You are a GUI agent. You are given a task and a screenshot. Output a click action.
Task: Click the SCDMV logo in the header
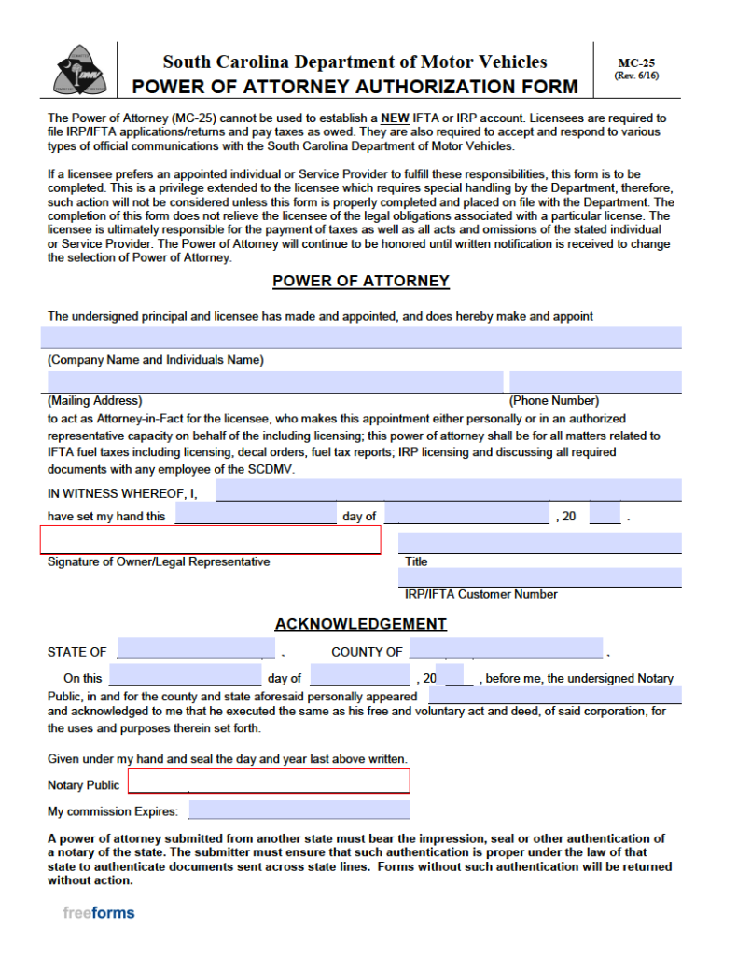(78, 70)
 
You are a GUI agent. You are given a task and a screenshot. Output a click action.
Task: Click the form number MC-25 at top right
(636, 63)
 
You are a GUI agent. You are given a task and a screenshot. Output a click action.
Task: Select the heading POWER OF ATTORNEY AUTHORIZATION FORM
(355, 88)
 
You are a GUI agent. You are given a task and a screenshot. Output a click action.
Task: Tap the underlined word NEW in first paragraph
(396, 118)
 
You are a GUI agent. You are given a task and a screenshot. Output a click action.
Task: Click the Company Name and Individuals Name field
(360, 338)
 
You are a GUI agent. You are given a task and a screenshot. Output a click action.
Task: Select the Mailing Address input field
(274, 381)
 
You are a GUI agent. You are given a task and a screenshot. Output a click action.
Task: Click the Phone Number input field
(594, 381)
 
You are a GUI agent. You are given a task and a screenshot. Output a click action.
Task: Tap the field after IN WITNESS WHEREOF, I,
(448, 491)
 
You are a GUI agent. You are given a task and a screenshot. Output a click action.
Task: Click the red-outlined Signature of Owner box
(210, 540)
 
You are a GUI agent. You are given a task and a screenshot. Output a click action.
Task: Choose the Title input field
(539, 543)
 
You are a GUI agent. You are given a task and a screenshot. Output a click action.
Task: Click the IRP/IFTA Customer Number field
(539, 577)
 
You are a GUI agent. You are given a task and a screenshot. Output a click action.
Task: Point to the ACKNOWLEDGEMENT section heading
(360, 624)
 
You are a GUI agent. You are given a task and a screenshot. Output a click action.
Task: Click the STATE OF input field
(195, 649)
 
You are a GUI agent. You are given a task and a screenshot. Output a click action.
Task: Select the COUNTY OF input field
(506, 649)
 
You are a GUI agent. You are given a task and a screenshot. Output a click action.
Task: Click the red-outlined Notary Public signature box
(269, 782)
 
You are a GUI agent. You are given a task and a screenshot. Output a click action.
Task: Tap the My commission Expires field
(299, 810)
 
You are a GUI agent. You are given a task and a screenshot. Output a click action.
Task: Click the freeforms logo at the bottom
(99, 913)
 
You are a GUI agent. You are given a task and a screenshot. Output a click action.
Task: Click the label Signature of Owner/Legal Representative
(159, 562)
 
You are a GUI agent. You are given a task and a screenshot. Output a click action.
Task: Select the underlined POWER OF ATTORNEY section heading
(360, 281)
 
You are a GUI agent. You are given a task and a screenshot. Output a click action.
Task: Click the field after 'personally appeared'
(554, 695)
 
